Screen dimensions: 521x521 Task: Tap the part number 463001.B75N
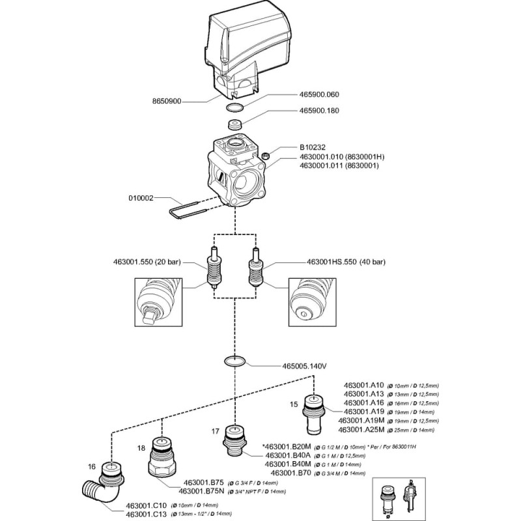[201, 491]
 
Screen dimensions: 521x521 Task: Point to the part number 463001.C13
[141, 514]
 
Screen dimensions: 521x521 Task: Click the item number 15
[294, 404]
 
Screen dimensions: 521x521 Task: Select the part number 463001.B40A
[289, 455]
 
